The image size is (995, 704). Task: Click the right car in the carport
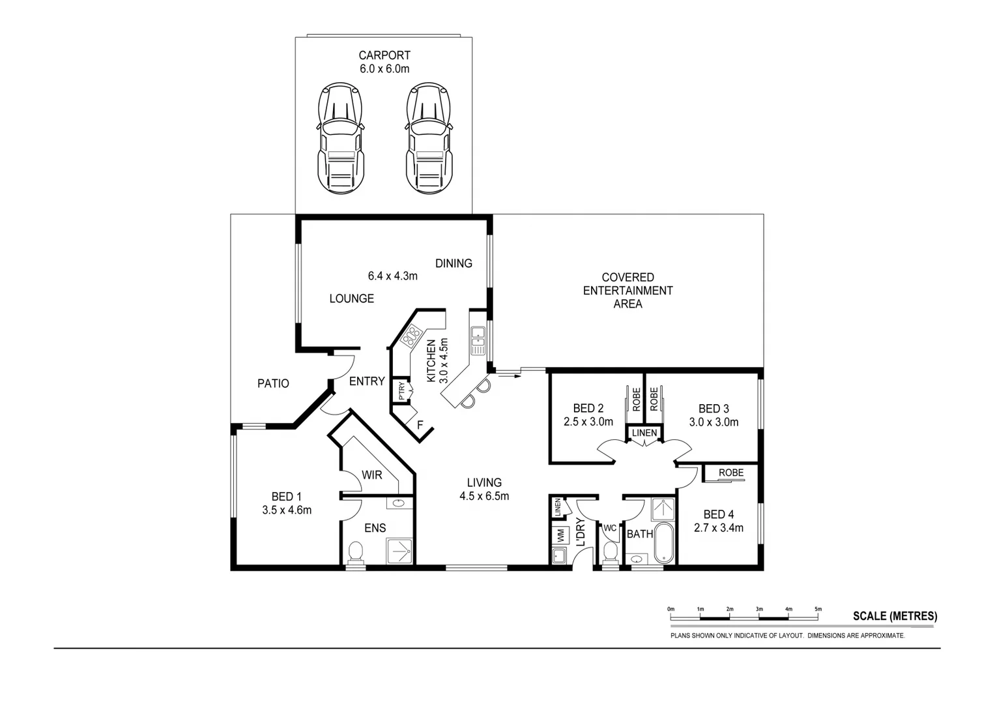pos(428,138)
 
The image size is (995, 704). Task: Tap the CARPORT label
pos(384,55)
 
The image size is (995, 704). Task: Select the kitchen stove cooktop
pos(412,338)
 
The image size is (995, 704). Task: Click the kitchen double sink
pos(478,340)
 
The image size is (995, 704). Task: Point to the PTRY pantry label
pos(402,391)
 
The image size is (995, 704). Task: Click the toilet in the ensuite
pos(356,553)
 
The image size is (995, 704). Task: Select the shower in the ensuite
pos(400,550)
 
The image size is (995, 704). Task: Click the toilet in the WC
pos(611,553)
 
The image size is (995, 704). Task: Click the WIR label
pos(372,475)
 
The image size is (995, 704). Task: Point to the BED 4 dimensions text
pos(719,528)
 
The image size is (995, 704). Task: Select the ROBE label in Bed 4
pos(731,473)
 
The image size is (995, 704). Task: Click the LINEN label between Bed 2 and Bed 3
pos(644,433)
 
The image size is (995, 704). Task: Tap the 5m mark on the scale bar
pos(818,609)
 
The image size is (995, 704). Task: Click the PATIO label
pos(273,383)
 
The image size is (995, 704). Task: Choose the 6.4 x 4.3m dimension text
pos(392,276)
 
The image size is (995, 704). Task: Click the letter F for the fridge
pos(420,426)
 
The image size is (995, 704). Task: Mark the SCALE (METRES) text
pos(895,616)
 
